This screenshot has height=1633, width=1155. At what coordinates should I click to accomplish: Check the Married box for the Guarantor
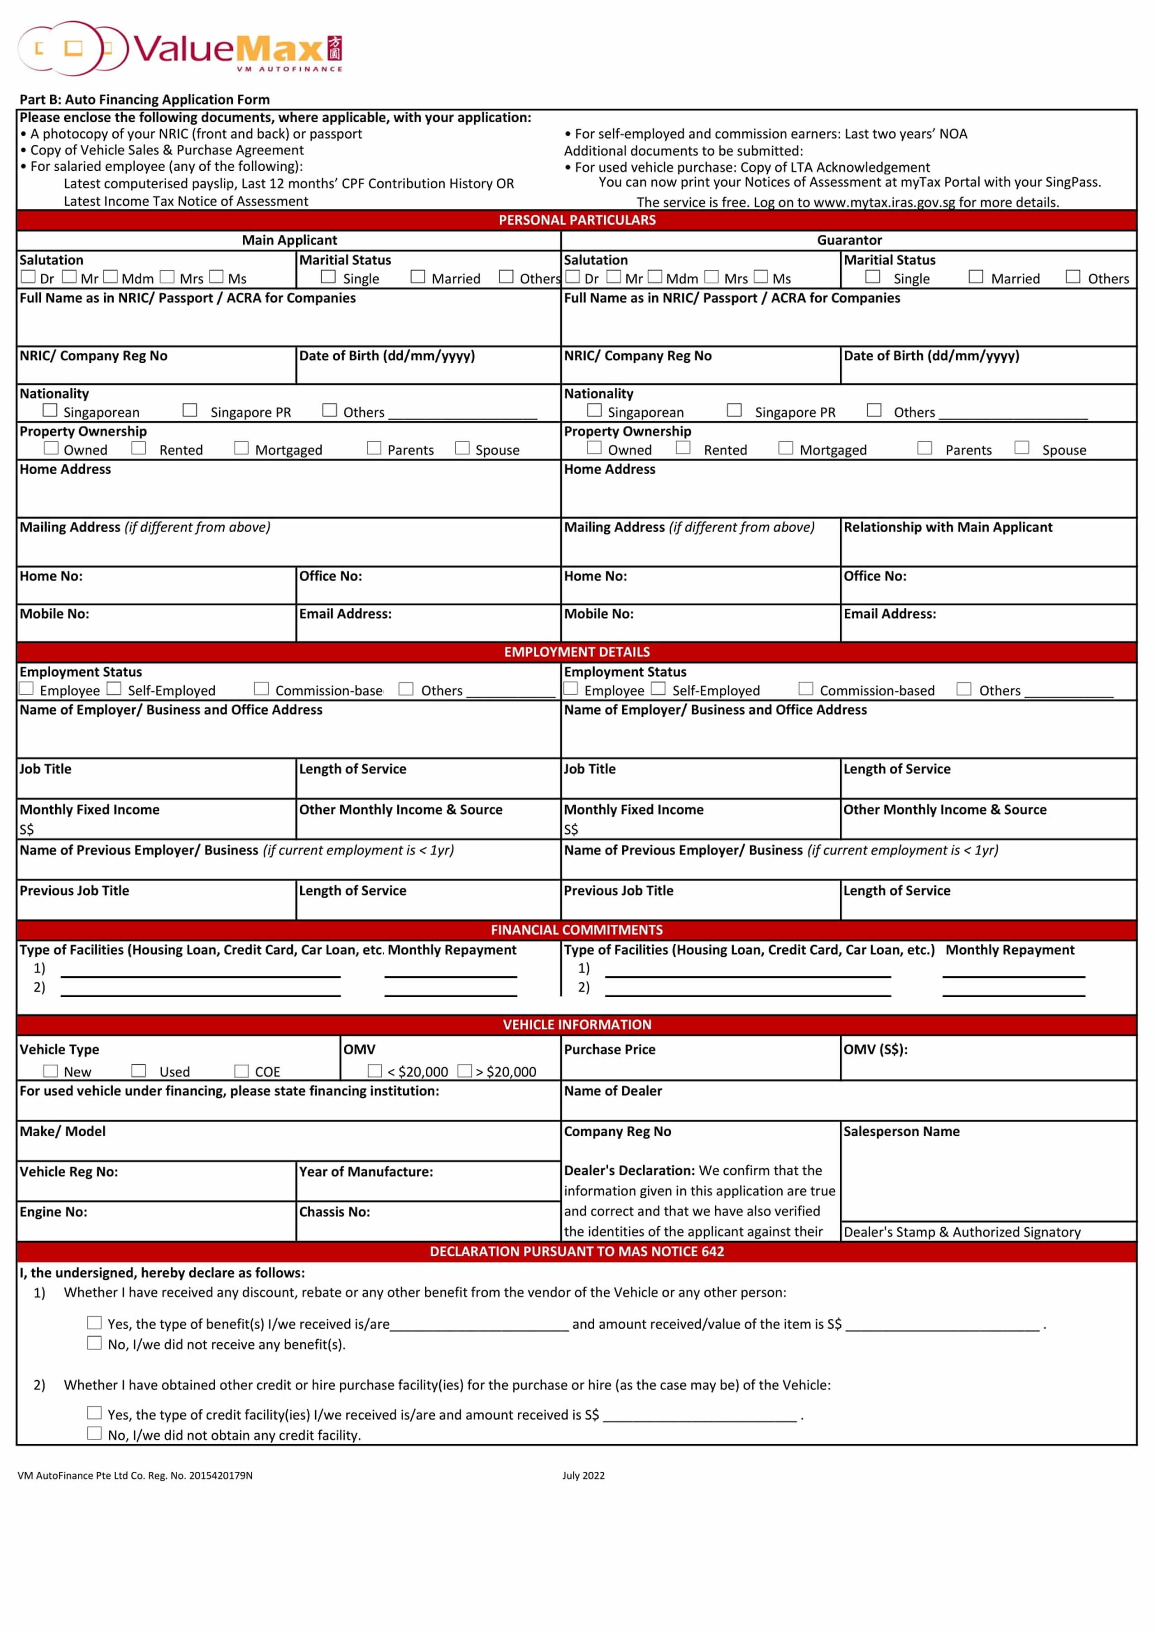point(976,277)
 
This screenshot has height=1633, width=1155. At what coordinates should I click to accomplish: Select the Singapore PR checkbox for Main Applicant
point(190,410)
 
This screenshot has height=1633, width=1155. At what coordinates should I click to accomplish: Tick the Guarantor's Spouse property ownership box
point(1022,447)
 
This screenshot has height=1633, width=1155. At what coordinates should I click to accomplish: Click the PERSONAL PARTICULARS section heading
point(577,220)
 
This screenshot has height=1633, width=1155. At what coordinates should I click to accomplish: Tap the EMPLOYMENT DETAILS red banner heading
point(577,652)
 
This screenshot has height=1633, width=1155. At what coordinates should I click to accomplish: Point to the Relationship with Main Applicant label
point(948,527)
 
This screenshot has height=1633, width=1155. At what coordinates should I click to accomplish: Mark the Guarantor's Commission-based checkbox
point(806,688)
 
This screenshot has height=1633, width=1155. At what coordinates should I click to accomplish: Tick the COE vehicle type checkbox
point(242,1071)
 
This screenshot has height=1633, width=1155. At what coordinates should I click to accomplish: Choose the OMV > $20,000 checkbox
point(464,1071)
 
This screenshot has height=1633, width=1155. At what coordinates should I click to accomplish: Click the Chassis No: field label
point(334,1212)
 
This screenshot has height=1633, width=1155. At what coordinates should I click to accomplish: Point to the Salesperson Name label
point(901,1132)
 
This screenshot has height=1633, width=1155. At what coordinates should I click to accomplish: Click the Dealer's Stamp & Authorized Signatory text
point(962,1232)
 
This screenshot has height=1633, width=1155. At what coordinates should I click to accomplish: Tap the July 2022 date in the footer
point(583,1475)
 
